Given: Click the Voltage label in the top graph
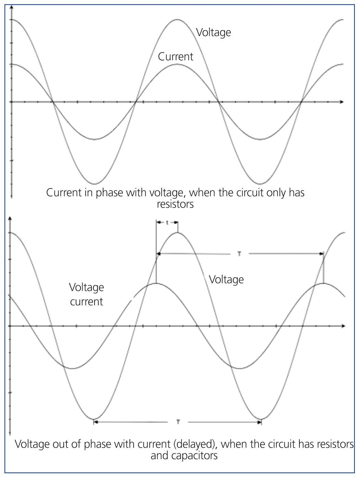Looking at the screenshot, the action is click(x=213, y=33).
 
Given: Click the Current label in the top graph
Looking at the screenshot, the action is click(x=175, y=57).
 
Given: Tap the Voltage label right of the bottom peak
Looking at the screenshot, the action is click(x=226, y=280).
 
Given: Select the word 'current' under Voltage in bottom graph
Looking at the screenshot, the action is click(x=86, y=302).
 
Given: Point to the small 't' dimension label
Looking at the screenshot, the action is click(x=167, y=223).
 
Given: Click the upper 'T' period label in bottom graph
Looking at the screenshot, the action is click(x=239, y=254).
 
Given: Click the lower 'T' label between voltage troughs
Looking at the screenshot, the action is click(x=178, y=422).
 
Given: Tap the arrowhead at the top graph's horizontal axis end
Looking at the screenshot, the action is click(x=341, y=102).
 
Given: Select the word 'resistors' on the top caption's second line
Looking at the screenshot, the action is click(x=175, y=204).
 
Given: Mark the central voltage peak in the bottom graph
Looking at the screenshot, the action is click(x=177, y=233).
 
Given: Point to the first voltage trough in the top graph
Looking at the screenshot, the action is click(x=94, y=184).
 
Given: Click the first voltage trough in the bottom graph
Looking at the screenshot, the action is click(x=94, y=419).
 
